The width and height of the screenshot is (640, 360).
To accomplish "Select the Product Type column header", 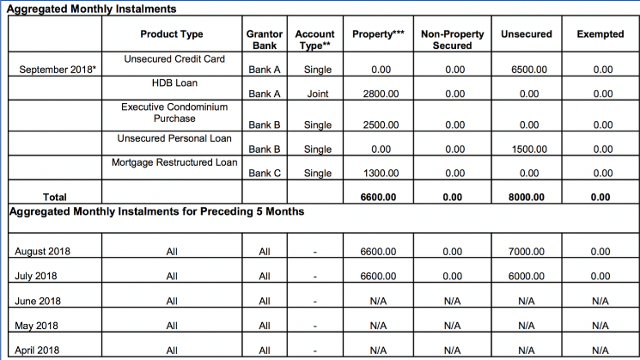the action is pos(172,34).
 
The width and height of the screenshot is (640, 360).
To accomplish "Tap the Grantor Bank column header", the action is pos(264,40).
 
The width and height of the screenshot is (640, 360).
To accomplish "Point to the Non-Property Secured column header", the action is pos(453,40).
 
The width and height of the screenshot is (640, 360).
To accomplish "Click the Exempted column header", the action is pos(601,34).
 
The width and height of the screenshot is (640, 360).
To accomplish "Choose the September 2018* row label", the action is pos(56,70).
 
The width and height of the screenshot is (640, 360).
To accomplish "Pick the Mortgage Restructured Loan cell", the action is pos(174,162).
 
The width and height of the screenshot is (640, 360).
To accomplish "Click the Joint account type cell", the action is pos(317,94).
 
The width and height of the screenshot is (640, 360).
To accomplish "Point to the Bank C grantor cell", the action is pos(264,173).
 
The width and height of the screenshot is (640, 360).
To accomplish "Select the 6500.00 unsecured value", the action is pos(526,70).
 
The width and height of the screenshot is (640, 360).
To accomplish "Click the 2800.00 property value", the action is pos(380,94).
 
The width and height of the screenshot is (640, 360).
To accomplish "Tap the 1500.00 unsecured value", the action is pos(526,149).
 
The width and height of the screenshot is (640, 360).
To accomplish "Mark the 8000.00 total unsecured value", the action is pos(526,197).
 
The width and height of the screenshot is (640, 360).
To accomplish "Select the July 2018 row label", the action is pos(38,275).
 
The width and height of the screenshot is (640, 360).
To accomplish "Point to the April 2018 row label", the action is pos(38,350).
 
